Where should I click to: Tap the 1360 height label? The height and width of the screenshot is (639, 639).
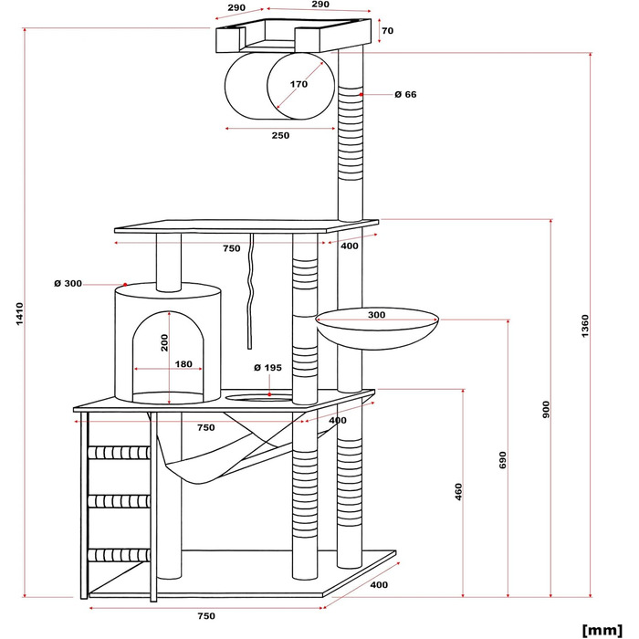click(585, 324)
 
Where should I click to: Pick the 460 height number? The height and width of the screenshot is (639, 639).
click(459, 492)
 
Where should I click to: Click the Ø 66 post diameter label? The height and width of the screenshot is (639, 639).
click(405, 94)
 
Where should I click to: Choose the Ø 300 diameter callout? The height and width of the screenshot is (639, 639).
click(68, 284)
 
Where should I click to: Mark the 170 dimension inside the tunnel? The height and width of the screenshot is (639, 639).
click(298, 84)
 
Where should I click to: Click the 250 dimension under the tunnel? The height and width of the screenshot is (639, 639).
click(280, 135)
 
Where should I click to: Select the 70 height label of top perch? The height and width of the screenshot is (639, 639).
click(387, 31)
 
